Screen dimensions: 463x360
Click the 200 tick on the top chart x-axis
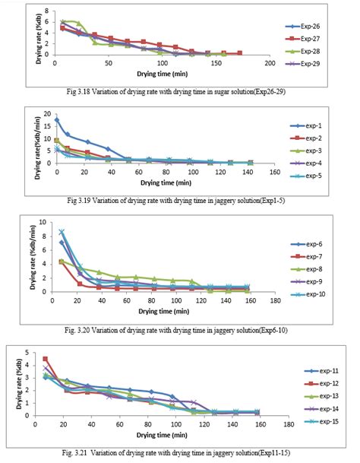tap(269, 62)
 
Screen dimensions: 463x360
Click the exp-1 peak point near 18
tap(57, 120)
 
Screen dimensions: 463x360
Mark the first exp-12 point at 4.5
tap(46, 359)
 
